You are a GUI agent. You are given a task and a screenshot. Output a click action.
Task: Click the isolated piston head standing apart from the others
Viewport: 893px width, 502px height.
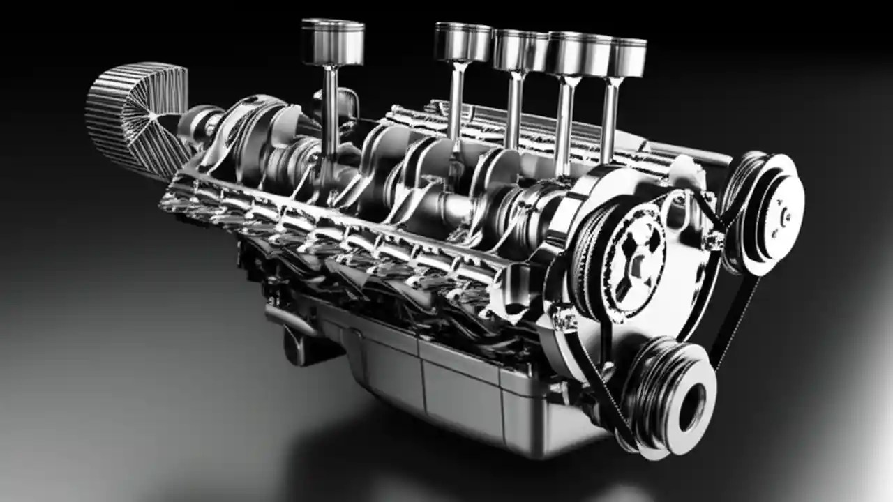[x=333, y=42]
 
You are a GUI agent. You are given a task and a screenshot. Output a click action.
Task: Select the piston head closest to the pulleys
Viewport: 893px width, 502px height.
[x=626, y=57]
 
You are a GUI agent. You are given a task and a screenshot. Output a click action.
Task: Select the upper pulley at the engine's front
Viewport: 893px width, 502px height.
[x=764, y=209]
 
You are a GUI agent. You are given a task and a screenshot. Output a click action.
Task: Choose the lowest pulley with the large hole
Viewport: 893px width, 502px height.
[x=670, y=397]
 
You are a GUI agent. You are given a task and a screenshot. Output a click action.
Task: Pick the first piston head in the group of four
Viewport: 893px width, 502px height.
[x=463, y=42]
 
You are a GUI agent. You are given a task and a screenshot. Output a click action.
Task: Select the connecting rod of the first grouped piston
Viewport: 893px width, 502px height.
[x=457, y=98]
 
